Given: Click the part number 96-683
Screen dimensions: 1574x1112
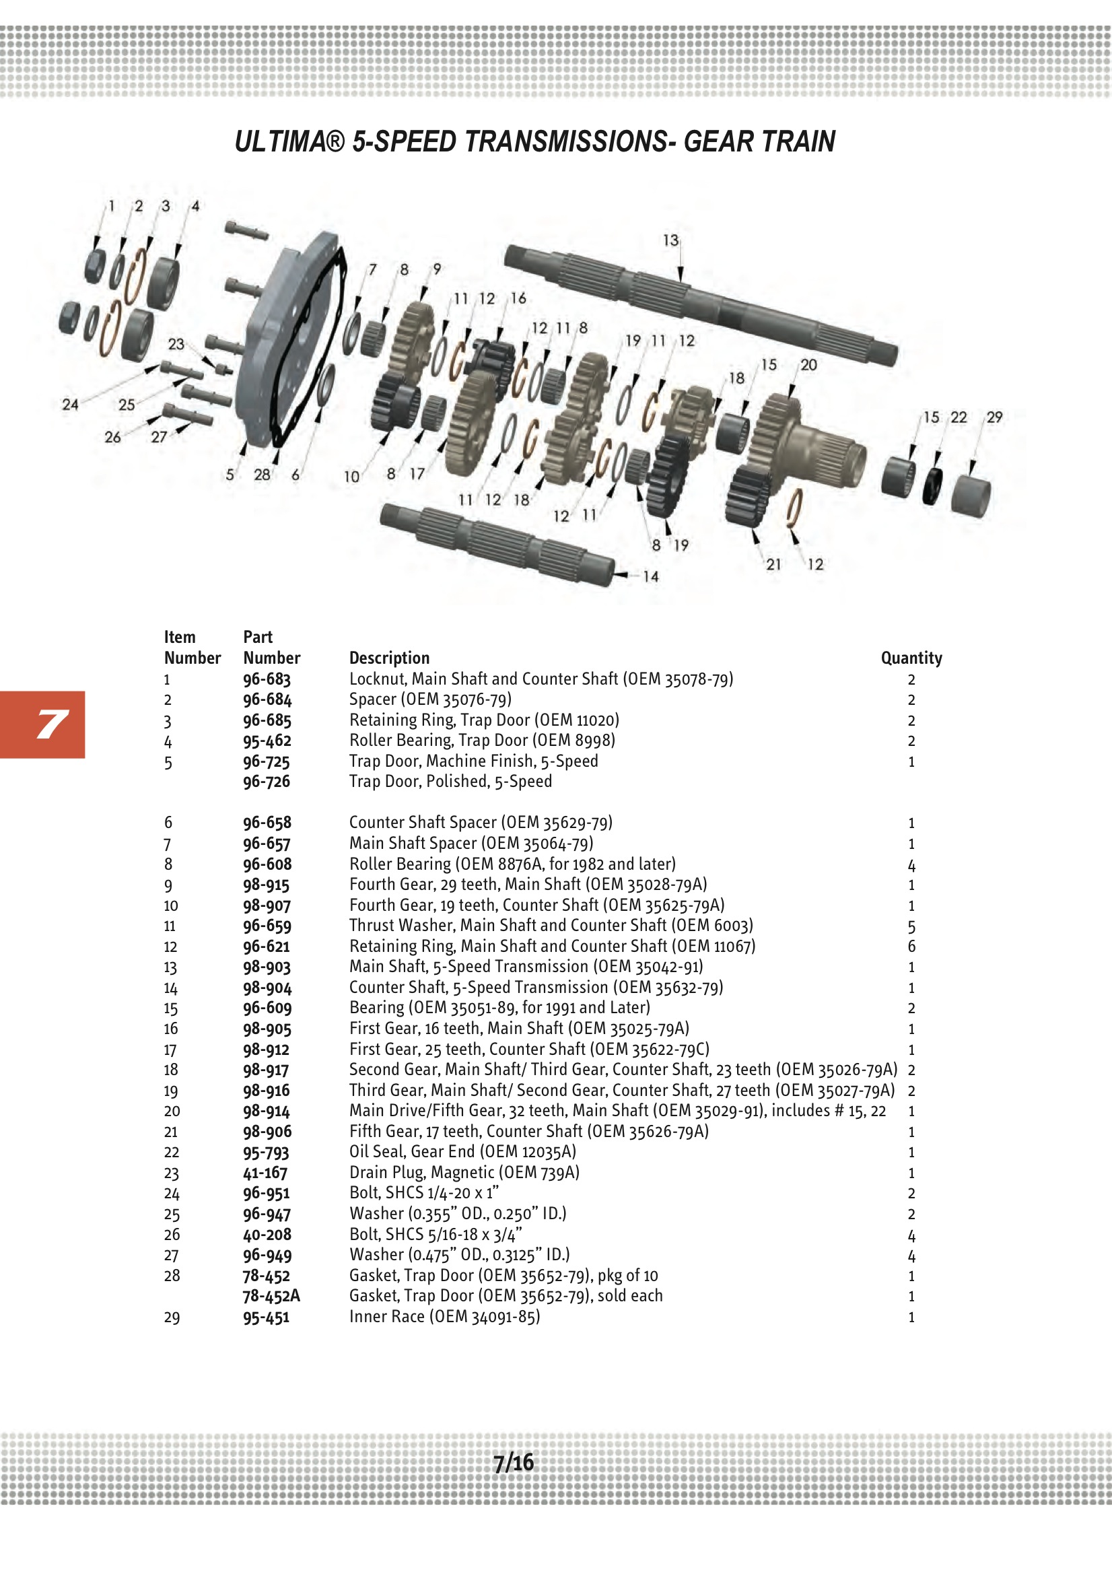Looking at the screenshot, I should click(267, 679).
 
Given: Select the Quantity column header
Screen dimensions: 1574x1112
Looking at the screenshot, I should click(911, 658).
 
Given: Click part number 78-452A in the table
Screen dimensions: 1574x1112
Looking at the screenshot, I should click(271, 1296).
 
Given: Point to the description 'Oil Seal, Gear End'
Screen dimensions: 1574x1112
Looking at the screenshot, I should click(462, 1152).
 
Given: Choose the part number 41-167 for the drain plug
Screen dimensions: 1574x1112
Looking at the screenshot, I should click(265, 1173).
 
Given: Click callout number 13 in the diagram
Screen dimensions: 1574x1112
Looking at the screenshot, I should click(670, 240).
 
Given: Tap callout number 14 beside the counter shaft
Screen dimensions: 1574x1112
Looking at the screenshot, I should click(651, 576).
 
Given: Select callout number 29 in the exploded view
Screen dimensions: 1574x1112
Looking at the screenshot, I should click(994, 417).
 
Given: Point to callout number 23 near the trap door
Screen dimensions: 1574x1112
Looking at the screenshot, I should click(176, 343).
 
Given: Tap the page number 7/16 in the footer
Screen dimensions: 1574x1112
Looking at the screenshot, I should click(514, 1462).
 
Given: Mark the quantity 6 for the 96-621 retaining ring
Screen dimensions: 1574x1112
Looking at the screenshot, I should click(911, 947).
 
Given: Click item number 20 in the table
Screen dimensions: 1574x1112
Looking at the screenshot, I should click(172, 1111).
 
